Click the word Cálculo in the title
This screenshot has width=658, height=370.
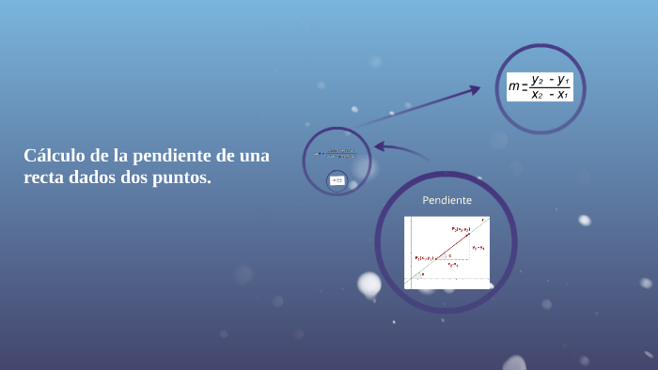[54, 155]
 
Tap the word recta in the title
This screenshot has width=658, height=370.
[46, 177]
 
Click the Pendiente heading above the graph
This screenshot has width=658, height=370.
[446, 201]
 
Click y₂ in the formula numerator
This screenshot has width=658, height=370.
[537, 81]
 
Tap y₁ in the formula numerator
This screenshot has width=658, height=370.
[563, 81]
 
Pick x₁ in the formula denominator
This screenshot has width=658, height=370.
[562, 94]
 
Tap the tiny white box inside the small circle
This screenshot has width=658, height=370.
[337, 179]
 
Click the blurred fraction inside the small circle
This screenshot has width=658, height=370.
[337, 153]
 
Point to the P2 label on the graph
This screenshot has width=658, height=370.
[459, 228]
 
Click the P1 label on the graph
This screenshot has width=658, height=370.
[425, 257]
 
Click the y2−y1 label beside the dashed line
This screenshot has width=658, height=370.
[478, 248]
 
